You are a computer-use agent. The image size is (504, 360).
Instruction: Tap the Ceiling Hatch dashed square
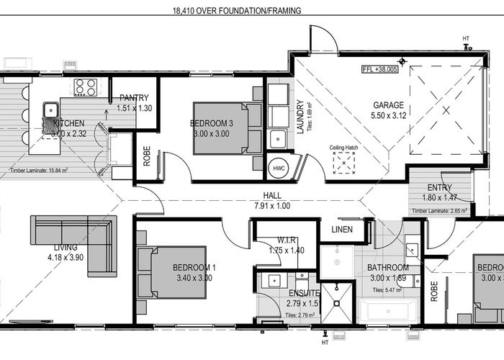coord(343,164)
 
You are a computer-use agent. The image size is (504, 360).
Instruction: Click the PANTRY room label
coord(134,98)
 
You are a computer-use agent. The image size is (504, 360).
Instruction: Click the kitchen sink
coord(50,111)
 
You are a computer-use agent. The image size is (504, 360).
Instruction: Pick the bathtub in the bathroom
coord(388,312)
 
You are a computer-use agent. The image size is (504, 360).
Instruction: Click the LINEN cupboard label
coord(342,230)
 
